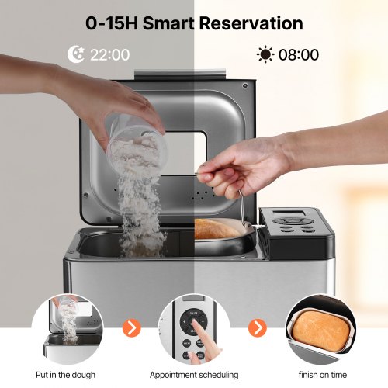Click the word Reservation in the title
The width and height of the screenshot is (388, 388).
pos(251,23)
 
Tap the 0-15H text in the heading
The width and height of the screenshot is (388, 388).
pos(112,23)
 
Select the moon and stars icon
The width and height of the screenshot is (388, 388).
pos(76,54)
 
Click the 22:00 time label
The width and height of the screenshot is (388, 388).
pos(109,55)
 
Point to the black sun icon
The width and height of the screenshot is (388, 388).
pos(265,54)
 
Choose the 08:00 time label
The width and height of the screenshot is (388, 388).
pos(299,55)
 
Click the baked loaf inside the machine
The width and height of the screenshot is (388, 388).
pos(216,229)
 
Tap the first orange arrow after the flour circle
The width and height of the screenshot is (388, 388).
pos(131,328)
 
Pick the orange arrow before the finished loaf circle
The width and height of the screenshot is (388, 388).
pos(258,328)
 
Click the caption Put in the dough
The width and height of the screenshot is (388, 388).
pos(65,375)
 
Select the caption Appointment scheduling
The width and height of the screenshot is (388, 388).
pos(194,375)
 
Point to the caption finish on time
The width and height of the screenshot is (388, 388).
pos(323,375)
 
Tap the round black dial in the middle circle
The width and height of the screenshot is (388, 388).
pos(193,322)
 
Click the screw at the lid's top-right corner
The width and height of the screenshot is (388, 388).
pos(245,85)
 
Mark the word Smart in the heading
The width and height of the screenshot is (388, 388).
pos(168,23)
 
